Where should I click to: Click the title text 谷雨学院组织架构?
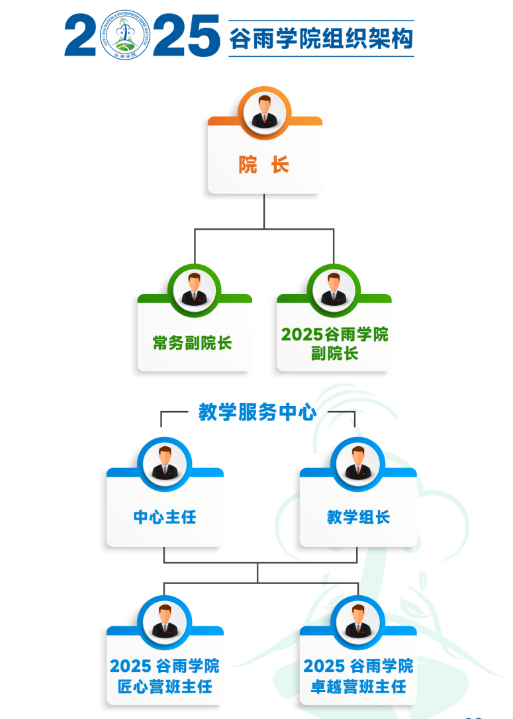coord(321,38)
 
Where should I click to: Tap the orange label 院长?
coord(264,165)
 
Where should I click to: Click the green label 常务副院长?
coord(193,343)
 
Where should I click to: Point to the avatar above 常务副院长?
coord(194,290)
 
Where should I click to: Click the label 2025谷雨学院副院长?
coord(334,344)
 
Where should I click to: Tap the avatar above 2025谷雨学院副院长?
coord(334,290)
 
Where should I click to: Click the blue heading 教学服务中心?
coord(257,412)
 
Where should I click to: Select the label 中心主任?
coord(165,517)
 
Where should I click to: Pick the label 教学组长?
coord(358,517)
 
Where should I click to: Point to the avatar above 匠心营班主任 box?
coord(165,621)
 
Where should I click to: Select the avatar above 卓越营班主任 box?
coord(358,621)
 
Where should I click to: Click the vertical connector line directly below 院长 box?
coord(264,211)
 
